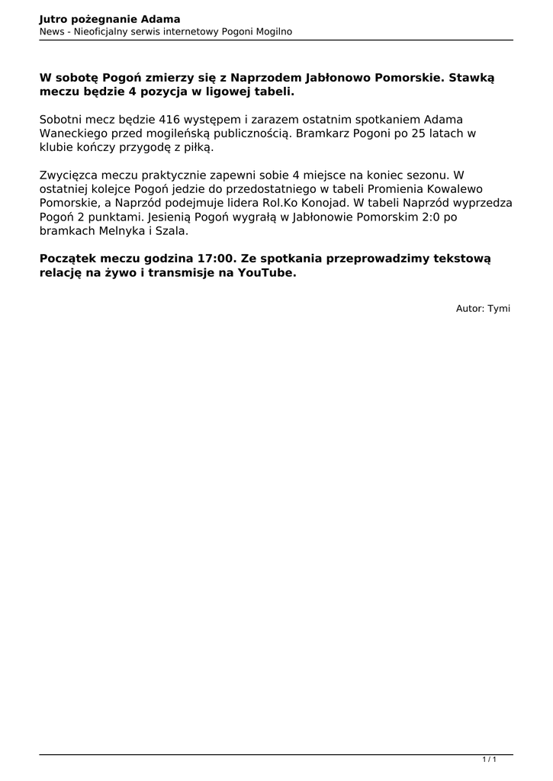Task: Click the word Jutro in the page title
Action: tap(54, 18)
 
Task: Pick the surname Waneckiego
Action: tap(72, 133)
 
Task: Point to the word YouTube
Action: tap(264, 272)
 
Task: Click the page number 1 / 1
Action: tap(490, 760)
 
